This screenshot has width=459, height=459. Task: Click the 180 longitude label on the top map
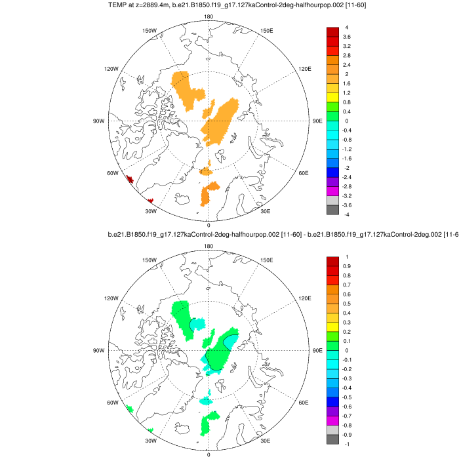(209, 17)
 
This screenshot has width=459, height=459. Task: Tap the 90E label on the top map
(317, 121)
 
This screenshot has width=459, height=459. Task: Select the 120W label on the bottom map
(111, 298)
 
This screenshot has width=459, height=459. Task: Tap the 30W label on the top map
(150, 211)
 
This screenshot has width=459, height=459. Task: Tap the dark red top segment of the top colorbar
(332, 32)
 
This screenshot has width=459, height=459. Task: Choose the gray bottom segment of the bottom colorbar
(332, 440)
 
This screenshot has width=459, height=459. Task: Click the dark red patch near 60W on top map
(129, 179)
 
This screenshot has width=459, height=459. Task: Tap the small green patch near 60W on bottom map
(130, 409)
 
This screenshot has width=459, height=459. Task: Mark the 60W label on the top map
(112, 173)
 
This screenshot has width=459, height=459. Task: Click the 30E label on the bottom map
(266, 441)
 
